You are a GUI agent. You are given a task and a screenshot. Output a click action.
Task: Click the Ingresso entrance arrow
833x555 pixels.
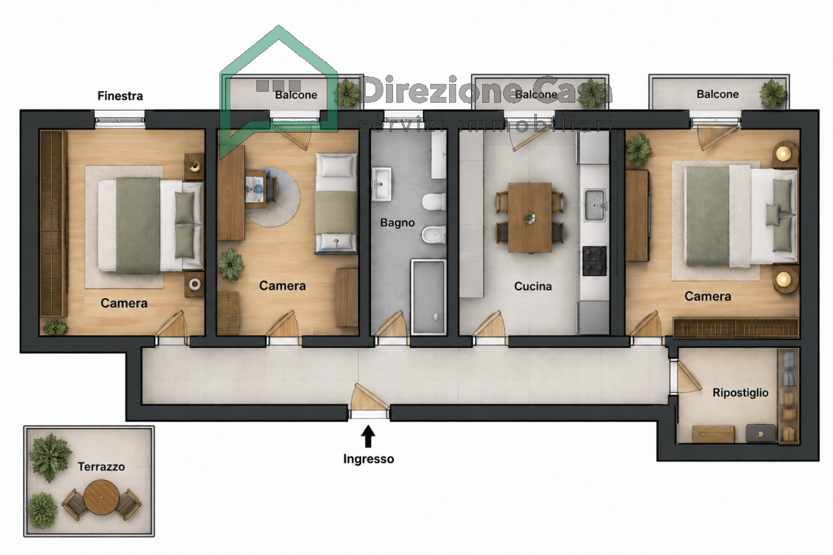click(x=368, y=436)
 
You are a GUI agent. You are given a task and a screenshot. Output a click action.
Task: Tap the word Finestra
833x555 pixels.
click(x=120, y=96)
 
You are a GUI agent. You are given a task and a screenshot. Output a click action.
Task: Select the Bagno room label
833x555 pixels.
click(x=397, y=223)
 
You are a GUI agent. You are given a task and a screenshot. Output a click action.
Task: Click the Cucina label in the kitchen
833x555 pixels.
click(x=533, y=286)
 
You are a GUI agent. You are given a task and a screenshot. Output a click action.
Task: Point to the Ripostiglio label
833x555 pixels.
click(x=741, y=392)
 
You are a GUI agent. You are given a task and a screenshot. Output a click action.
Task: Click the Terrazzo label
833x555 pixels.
click(x=101, y=467)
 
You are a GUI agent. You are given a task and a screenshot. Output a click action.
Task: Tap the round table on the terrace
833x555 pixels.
click(x=101, y=497)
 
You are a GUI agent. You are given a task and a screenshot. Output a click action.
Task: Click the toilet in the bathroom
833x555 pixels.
click(x=434, y=202)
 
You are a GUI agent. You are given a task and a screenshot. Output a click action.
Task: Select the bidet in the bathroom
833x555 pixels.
click(x=433, y=234)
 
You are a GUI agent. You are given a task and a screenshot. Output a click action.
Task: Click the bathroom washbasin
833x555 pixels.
click(x=381, y=184)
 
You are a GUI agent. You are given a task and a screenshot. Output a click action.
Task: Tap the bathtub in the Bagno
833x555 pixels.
click(x=428, y=296)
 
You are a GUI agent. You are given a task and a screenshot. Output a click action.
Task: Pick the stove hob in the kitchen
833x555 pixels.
click(x=594, y=261)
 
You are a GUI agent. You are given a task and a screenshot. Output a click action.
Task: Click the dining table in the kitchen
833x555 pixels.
click(x=530, y=217)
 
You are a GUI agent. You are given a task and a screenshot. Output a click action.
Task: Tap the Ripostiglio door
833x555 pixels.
click(x=688, y=377)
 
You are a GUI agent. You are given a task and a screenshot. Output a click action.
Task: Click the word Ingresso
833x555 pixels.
click(x=368, y=459)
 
